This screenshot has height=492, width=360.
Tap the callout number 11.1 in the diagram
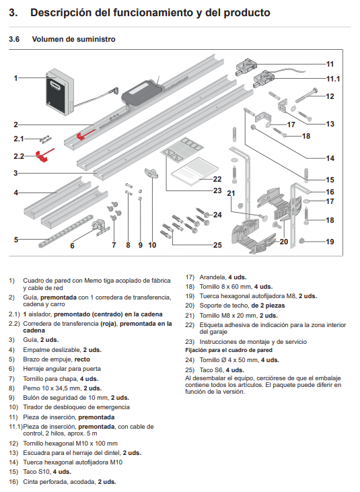pos(333,79)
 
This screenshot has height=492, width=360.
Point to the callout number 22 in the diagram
pos(217,179)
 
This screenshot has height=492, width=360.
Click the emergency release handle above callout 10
pos(152,176)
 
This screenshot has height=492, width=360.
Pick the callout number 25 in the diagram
pos(217,245)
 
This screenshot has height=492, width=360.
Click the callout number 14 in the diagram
pos(330,159)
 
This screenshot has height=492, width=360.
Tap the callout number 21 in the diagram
pos(231,194)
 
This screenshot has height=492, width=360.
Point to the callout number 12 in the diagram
pos(330,96)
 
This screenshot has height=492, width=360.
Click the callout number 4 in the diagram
pos(15,192)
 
